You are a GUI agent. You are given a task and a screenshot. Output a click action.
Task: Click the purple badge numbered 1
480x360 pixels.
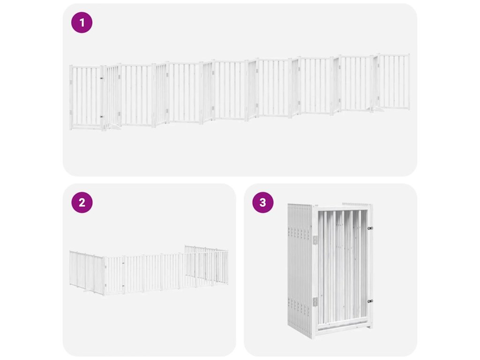click(82, 22)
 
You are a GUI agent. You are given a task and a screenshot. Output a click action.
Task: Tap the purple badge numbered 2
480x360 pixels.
click(82, 202)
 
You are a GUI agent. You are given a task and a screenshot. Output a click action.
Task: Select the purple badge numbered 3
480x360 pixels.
click(262, 202)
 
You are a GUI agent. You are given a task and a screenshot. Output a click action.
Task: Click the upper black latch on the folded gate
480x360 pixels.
click(370, 228)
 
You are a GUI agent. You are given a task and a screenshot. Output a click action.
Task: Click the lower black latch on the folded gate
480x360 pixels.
click(370, 301)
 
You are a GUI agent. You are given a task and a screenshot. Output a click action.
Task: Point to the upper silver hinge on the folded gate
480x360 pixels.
click(315, 240)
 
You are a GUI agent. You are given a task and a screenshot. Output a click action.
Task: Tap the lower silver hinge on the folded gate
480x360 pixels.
click(315, 302)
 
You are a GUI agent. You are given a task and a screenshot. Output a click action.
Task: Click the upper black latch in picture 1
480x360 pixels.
click(101, 78)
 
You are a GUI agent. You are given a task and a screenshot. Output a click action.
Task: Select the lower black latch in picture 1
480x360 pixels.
click(101, 116)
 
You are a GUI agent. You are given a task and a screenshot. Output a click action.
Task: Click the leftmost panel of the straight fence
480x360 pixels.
click(87, 97)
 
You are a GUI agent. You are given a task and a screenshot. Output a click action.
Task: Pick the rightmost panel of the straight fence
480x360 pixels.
click(393, 82)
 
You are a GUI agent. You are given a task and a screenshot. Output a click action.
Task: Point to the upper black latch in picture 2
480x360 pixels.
click(123, 263)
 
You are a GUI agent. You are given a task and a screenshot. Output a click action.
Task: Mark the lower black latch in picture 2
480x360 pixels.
click(123, 286)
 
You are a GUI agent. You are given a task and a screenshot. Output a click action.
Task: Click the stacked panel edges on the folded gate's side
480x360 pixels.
click(300, 270)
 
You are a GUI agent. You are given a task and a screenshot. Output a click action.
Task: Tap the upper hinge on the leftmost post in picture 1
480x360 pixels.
click(71, 82)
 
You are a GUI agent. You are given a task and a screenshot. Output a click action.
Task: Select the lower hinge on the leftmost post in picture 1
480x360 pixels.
click(71, 112)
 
